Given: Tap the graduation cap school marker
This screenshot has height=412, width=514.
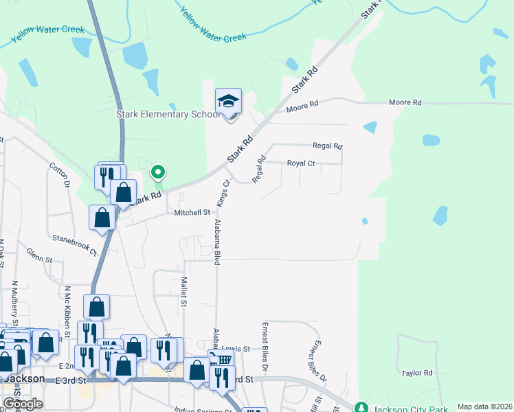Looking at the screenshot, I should click(x=229, y=102).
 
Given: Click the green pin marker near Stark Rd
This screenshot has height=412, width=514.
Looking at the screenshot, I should click(x=158, y=172).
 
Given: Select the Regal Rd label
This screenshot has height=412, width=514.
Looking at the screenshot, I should click(x=327, y=146).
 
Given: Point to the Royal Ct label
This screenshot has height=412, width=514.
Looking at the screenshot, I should click(x=300, y=163).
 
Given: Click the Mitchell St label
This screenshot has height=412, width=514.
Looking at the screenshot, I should click(x=191, y=213).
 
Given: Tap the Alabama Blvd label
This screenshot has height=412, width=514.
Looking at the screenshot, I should click(x=217, y=243).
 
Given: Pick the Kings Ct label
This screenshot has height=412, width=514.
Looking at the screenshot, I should click(x=223, y=193).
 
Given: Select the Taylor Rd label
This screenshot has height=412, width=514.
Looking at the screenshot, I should click(x=417, y=373).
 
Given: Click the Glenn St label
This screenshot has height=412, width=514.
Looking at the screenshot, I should click(x=40, y=260).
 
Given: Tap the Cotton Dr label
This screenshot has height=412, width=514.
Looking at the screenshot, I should click(x=59, y=175).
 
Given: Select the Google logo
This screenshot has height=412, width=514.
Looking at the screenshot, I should click(x=23, y=404).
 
